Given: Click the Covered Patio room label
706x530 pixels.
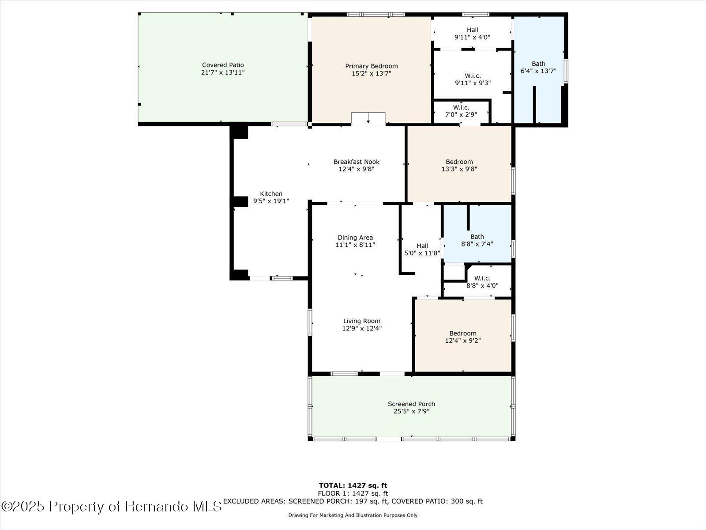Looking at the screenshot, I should point(223,65).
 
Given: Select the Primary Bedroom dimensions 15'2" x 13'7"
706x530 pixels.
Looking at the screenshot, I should point(371,74).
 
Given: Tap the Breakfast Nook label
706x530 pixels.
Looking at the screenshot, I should point(357,162).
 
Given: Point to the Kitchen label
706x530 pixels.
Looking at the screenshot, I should point(271,193).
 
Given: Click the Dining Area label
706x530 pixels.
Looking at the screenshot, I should point(355,237).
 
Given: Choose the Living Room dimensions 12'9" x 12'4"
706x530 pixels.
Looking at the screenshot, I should point(362,329).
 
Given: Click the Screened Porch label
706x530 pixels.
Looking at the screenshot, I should point(411,404).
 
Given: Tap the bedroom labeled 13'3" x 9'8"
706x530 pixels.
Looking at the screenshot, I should point(459,165).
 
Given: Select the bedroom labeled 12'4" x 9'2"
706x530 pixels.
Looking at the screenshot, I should point(462,337).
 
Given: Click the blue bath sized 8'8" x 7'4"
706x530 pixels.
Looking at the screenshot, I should point(477,240).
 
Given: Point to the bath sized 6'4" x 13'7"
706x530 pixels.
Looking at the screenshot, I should point(538,67).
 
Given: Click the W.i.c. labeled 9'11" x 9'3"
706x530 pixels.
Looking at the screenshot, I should point(473,79).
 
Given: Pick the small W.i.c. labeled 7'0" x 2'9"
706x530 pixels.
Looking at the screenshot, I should point(461,111).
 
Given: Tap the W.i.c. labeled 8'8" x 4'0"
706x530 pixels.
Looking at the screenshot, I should point(482,282).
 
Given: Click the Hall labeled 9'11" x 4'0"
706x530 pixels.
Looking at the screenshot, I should point(472,34).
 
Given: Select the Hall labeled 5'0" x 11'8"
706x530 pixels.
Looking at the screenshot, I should point(422,250).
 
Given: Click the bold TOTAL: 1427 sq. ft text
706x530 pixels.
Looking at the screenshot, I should point(353,485).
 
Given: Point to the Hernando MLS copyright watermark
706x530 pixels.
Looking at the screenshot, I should point(111,506).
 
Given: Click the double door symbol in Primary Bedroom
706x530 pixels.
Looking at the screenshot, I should point(368,119).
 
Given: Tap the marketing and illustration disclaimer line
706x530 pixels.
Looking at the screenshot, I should point(353,515).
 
